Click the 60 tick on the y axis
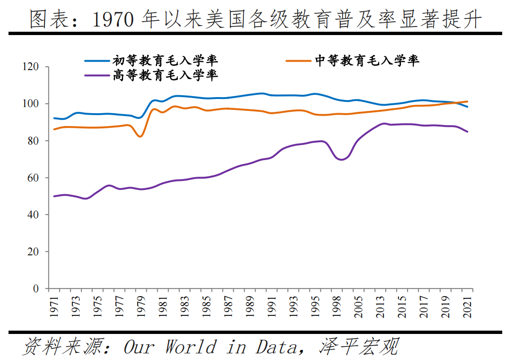[x=38, y=178]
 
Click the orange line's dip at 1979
[x=140, y=136]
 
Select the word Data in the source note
[x=275, y=347]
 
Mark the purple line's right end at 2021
[x=468, y=132]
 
